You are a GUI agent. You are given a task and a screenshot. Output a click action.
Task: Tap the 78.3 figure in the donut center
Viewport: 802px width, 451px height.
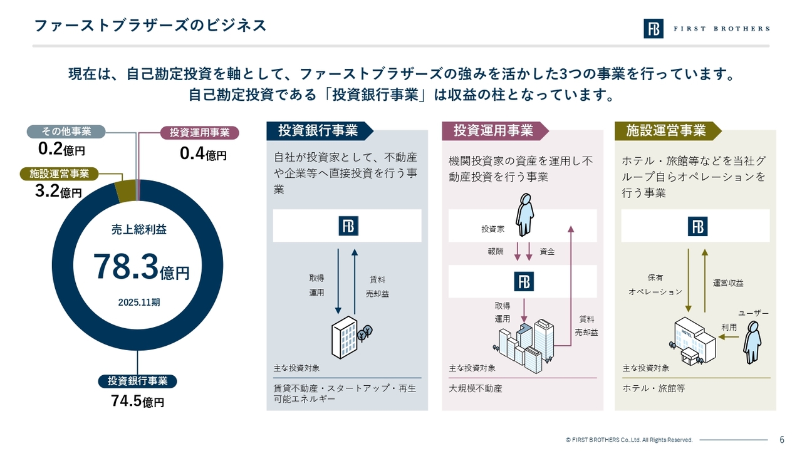[126, 267]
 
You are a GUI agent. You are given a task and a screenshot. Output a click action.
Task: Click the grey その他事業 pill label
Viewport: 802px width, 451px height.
[66, 132]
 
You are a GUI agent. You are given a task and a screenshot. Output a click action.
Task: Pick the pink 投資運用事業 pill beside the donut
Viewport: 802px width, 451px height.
[199, 132]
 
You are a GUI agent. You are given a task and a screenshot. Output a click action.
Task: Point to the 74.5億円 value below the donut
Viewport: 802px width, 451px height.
[137, 402]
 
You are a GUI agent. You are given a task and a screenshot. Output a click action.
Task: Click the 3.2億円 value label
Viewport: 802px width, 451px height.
[58, 191]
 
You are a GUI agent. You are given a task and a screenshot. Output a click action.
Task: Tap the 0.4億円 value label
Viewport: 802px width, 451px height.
[203, 154]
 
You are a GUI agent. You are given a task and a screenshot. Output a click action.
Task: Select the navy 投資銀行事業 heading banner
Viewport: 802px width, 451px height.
[320, 131]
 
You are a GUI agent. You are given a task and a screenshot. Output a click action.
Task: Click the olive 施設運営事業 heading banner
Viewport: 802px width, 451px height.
[668, 131]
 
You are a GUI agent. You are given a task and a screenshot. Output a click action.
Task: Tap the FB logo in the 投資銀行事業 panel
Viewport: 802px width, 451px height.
[348, 226]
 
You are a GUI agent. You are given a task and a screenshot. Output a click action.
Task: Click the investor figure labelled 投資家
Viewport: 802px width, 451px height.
[524, 215]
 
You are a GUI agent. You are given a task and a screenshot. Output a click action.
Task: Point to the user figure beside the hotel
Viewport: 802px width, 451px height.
[753, 343]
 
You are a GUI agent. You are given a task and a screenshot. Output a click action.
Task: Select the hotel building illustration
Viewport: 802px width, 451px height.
[692, 341]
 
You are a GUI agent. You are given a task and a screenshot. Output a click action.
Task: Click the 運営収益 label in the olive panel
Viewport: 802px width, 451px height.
[728, 283]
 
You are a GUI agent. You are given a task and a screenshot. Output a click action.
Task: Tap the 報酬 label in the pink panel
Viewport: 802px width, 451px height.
[496, 252]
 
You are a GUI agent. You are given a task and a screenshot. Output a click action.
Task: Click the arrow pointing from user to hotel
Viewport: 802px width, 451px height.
[729, 337]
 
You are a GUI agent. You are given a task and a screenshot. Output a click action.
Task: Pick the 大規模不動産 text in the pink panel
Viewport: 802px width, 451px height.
[476, 388]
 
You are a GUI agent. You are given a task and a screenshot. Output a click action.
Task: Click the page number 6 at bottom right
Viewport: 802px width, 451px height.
[782, 440]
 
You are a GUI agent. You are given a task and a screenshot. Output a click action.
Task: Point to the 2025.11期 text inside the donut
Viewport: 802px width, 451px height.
[139, 303]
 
